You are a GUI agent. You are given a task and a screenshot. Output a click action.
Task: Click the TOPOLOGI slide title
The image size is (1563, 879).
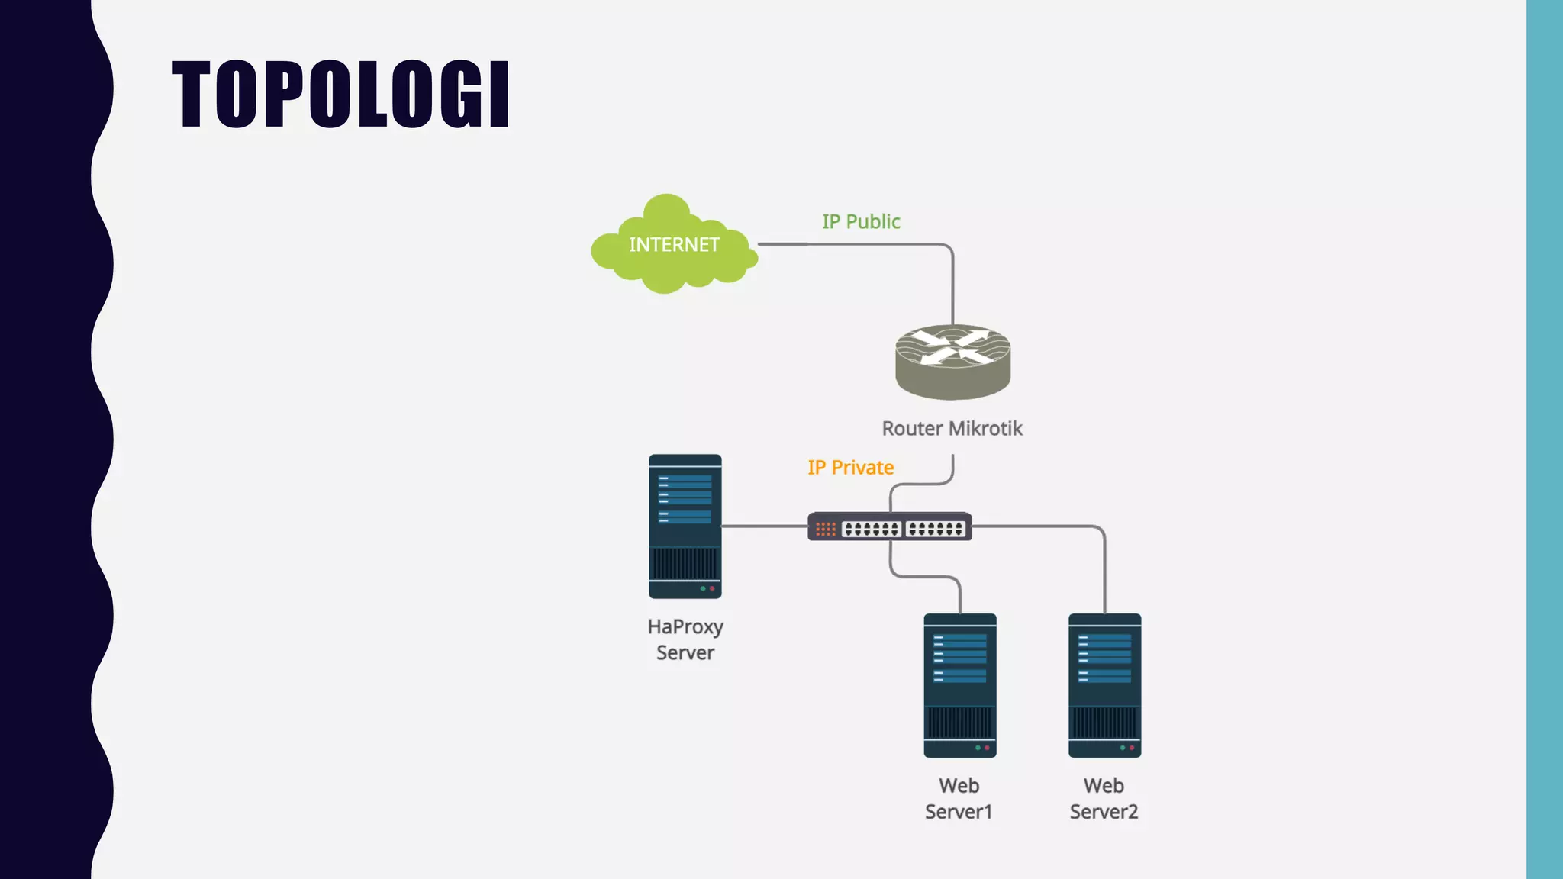click(340, 94)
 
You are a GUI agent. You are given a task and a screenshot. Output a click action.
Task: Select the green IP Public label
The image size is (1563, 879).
click(861, 221)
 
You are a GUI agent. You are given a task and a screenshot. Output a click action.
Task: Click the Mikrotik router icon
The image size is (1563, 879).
click(952, 363)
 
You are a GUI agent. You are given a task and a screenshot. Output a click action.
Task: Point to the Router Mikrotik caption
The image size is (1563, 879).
click(952, 428)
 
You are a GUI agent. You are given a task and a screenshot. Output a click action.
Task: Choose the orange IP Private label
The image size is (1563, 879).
click(850, 467)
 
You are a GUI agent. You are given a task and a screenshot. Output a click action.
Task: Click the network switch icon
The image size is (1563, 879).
click(889, 526)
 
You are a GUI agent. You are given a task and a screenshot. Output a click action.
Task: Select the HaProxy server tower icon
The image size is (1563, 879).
click(685, 526)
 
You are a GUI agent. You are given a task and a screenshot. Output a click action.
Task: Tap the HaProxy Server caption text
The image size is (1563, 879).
click(685, 639)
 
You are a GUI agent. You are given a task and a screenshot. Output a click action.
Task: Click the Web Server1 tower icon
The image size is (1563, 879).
click(959, 685)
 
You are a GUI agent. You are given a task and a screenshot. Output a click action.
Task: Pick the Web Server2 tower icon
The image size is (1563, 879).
click(1104, 685)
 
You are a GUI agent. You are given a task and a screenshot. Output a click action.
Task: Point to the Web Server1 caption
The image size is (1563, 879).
click(959, 798)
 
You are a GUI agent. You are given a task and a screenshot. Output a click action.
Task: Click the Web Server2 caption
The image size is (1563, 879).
click(1104, 798)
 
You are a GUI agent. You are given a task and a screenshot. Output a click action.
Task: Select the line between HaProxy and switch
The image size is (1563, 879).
click(764, 526)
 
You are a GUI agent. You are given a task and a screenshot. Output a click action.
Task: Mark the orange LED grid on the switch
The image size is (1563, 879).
click(825, 529)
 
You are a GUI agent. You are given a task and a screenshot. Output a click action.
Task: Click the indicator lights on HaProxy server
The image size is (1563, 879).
click(707, 588)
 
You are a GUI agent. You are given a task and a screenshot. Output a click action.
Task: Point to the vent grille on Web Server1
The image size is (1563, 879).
click(959, 722)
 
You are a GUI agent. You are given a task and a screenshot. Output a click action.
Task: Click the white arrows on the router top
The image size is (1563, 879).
click(952, 346)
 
